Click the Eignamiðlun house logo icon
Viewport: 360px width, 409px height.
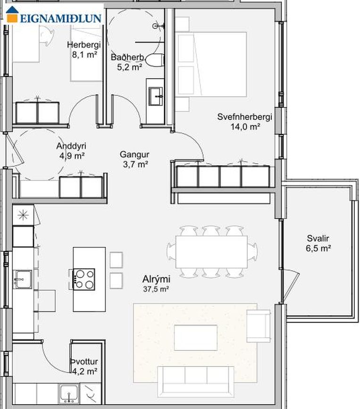(x=12, y=14)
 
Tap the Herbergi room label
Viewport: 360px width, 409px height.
(x=84, y=45)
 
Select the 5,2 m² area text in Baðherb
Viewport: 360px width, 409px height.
(x=129, y=67)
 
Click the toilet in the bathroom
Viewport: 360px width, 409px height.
(x=155, y=60)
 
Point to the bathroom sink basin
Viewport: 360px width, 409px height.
(x=156, y=96)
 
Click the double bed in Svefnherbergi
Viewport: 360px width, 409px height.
(x=211, y=65)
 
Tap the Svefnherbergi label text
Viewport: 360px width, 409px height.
(x=245, y=117)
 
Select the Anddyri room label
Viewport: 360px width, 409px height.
(x=71, y=146)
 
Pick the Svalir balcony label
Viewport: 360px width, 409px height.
(x=318, y=238)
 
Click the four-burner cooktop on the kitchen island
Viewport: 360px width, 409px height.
(x=84, y=279)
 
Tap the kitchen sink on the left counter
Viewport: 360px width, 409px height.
(x=23, y=279)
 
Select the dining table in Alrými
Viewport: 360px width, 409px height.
(x=211, y=252)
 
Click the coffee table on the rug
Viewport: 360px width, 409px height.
(x=196, y=337)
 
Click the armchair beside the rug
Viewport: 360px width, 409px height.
(x=258, y=326)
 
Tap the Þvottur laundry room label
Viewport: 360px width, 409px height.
(x=84, y=361)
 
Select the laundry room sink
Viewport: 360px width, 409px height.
(x=68, y=394)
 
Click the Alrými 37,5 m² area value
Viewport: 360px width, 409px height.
(x=156, y=289)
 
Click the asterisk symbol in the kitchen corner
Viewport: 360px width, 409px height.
(x=23, y=215)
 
